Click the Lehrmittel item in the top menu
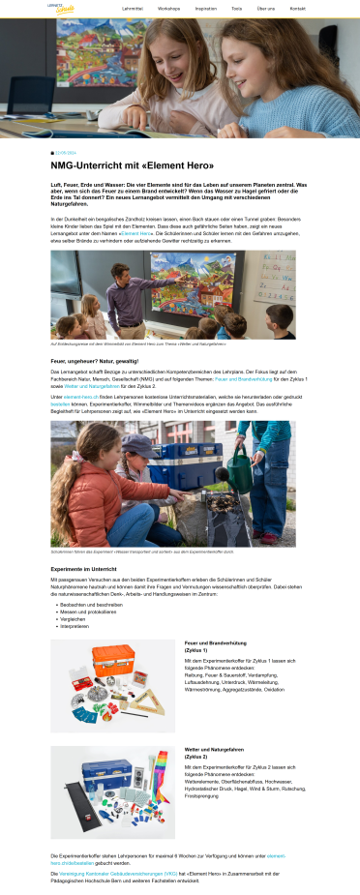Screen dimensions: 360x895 (x=133, y=8)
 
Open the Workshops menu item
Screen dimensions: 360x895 (x=168, y=8)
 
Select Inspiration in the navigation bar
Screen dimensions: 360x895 (x=205, y=8)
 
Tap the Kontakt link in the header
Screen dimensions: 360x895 (x=297, y=8)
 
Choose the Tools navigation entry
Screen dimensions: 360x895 (x=237, y=8)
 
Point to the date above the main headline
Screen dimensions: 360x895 (x=66, y=153)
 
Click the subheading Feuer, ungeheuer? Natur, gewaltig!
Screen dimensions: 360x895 (x=95, y=361)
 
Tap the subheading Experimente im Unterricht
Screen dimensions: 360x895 (x=83, y=568)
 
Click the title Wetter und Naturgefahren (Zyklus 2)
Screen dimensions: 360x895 (x=214, y=752)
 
